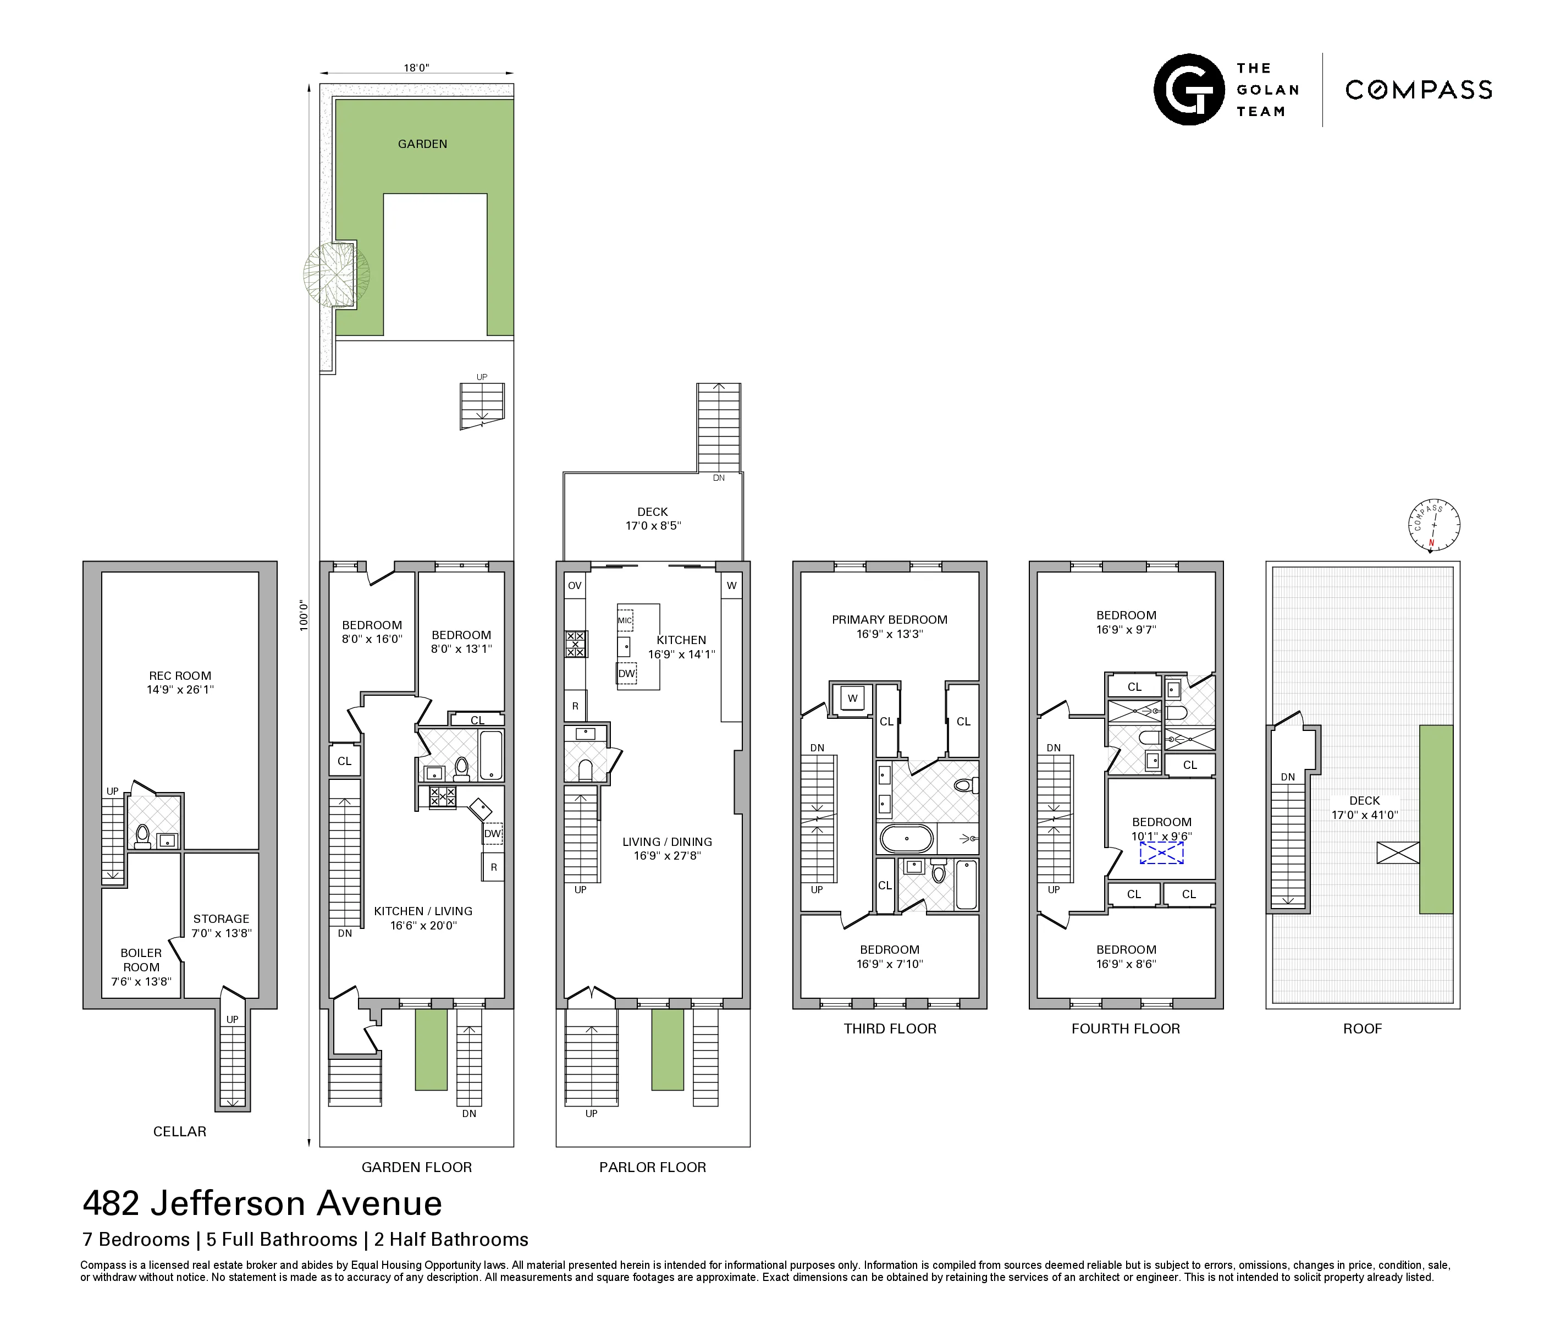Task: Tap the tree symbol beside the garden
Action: click(336, 273)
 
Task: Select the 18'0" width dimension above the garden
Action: click(417, 68)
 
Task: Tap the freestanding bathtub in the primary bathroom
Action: click(906, 839)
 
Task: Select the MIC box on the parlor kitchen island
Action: click(625, 620)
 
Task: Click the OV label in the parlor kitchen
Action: click(575, 586)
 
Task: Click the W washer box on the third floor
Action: click(852, 698)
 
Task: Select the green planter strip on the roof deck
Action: click(1435, 819)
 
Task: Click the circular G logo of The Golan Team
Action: click(1189, 90)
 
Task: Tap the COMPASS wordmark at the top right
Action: click(1419, 90)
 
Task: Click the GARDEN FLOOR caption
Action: click(417, 1167)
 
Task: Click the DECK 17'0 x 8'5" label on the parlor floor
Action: click(653, 519)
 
